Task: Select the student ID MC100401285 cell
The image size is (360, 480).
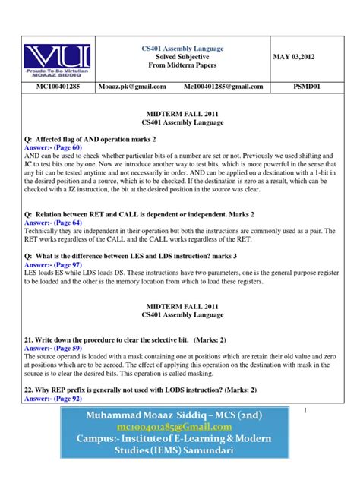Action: coord(56,87)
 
